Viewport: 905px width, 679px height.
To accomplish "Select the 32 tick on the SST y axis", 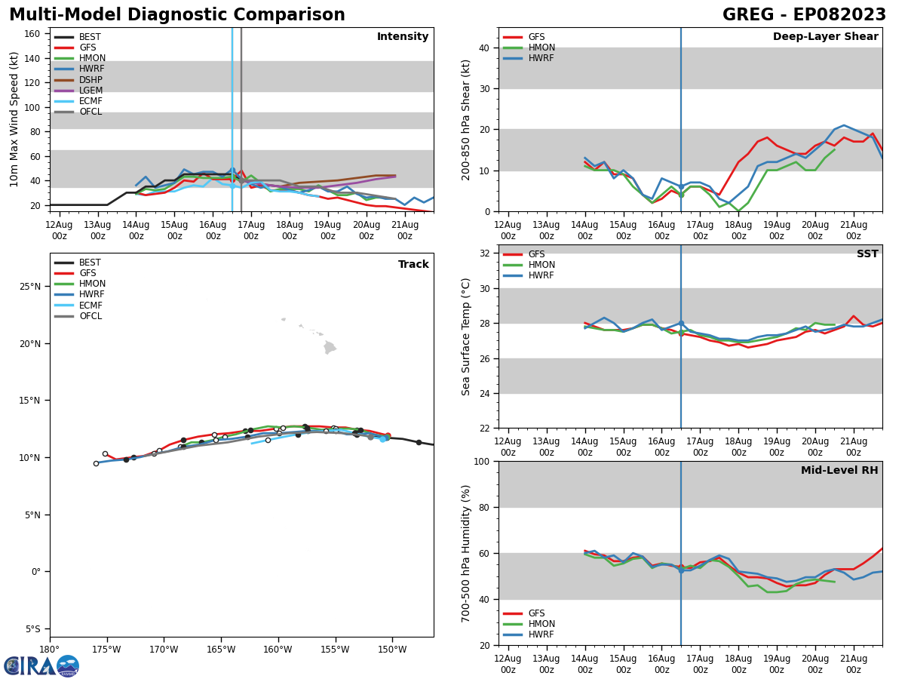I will pos(486,253).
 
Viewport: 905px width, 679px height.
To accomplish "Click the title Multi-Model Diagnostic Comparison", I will pos(177,15).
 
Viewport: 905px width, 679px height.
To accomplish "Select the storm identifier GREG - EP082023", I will pos(804,15).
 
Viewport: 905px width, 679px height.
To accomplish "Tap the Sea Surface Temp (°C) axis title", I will pos(466,336).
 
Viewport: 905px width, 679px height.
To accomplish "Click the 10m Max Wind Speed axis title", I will pos(14,119).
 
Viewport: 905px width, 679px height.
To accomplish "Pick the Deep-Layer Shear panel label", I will pos(825,37).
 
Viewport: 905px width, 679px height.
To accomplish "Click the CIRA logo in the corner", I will pos(41,666).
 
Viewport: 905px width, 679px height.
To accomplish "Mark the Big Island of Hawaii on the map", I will pos(330,348).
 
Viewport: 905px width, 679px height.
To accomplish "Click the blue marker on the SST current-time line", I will pos(681,324).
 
